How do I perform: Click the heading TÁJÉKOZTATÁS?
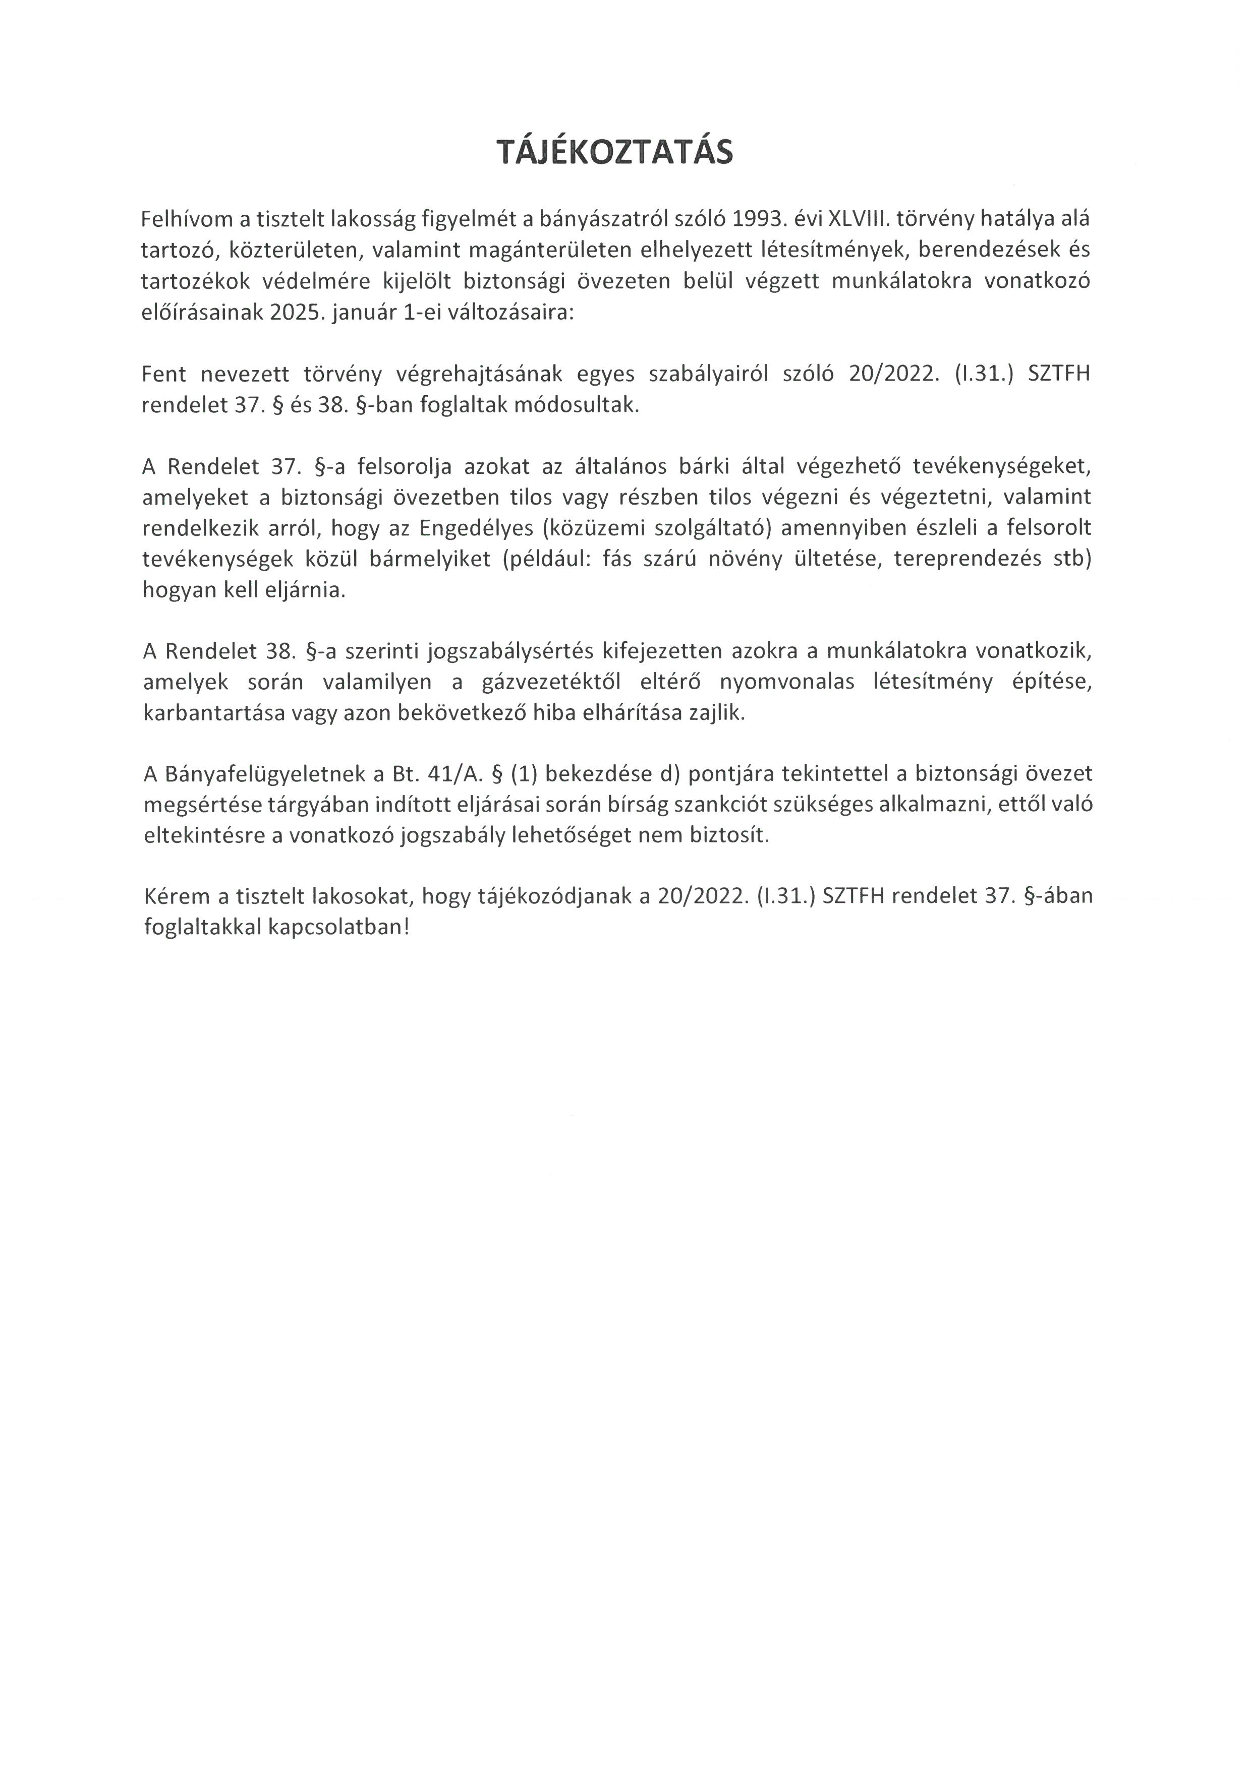tap(614, 153)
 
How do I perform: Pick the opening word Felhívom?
tap(187, 220)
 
